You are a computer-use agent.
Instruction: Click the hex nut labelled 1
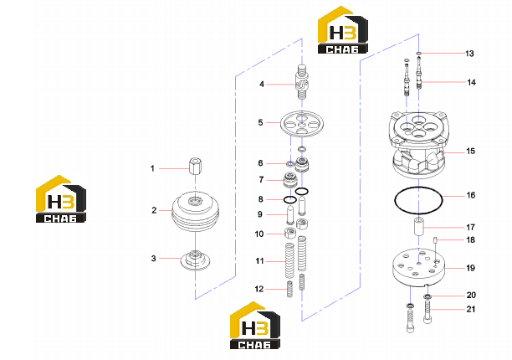click(x=195, y=166)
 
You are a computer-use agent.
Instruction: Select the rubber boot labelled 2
click(x=195, y=211)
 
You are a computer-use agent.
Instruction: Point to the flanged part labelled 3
click(x=195, y=260)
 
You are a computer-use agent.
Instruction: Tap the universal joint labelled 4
click(x=302, y=82)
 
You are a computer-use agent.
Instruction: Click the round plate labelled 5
click(x=302, y=123)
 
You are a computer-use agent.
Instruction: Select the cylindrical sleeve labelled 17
click(x=420, y=225)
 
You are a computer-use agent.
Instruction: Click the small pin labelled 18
click(x=436, y=240)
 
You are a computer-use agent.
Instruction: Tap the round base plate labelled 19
click(x=418, y=267)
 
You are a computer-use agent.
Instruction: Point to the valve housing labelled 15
click(x=418, y=144)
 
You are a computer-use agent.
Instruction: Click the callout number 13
click(x=469, y=54)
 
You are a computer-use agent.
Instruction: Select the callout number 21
click(x=470, y=309)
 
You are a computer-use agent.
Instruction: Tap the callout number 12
click(x=259, y=289)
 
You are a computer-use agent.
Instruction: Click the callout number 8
click(x=260, y=199)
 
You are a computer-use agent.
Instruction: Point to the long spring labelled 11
click(x=290, y=260)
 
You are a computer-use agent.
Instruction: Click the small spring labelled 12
click(x=289, y=289)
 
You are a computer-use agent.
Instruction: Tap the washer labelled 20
click(x=428, y=296)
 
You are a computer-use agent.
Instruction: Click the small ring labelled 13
click(x=419, y=54)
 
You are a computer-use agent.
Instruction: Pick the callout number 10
click(x=259, y=234)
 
